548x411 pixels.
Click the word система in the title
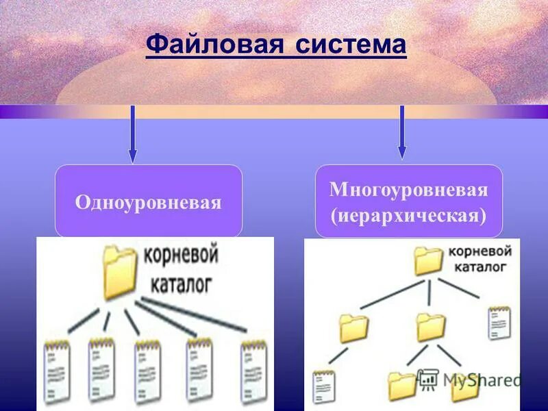click(x=351, y=45)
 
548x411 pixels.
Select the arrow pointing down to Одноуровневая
click(x=132, y=134)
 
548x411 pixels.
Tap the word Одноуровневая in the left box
click(x=149, y=202)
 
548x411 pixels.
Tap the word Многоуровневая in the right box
click(x=408, y=190)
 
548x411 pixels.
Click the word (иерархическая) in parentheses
click(x=408, y=216)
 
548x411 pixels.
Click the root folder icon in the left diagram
click(x=121, y=273)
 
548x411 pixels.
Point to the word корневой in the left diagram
click(x=180, y=257)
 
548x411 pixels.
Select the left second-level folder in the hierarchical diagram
click(x=353, y=328)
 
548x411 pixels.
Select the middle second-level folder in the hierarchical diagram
click(x=431, y=327)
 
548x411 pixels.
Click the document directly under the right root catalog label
click(x=499, y=323)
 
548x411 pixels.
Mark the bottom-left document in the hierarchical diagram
click(x=322, y=386)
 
